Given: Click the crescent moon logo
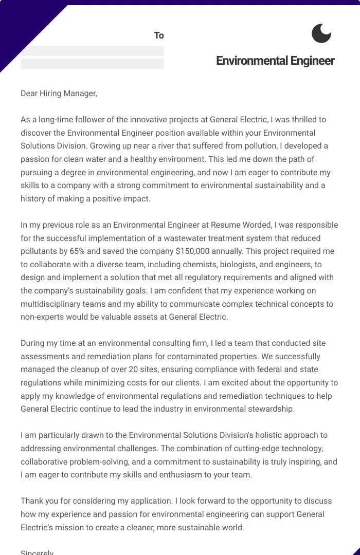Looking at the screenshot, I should tap(321, 33).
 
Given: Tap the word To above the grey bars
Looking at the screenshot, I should tap(159, 35).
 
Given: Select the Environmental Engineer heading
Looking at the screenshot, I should tap(275, 61).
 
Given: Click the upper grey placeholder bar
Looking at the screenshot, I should tap(92, 51).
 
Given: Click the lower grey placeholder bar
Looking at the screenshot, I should tap(92, 64).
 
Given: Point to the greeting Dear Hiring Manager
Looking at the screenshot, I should tap(59, 93).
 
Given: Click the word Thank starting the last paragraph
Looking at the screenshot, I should tap(32, 501).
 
